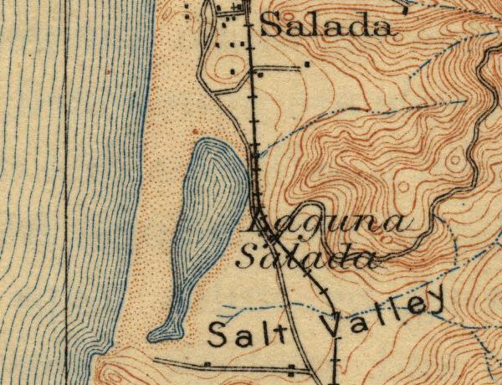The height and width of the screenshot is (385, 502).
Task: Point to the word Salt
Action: tap(246, 334)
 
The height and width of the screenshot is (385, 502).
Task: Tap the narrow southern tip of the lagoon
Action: tap(159, 335)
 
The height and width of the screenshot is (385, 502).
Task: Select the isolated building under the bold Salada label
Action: tap(308, 63)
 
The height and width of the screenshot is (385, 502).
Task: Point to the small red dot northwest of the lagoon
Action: tap(195, 131)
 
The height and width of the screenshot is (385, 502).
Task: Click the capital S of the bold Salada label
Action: tap(270, 26)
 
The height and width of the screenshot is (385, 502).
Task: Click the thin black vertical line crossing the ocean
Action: tap(66, 192)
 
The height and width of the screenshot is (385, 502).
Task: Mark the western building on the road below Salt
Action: tap(207, 364)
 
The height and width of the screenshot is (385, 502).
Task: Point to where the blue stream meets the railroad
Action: tap(255, 156)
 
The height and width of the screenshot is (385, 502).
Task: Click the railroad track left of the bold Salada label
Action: tap(248, 33)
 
